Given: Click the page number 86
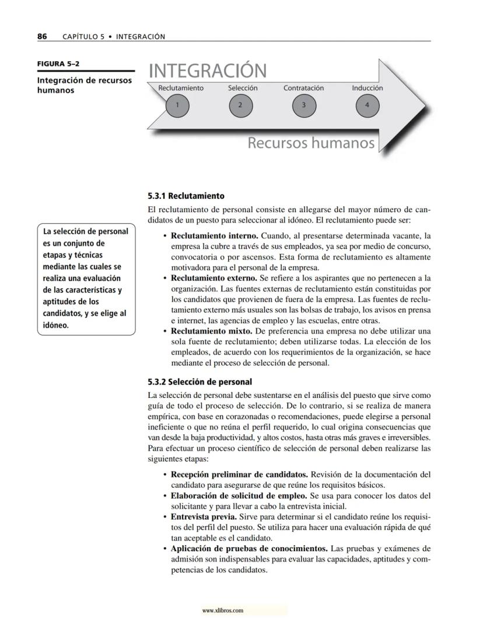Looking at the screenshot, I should click(x=42, y=36).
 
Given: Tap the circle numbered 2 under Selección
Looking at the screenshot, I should click(x=240, y=105).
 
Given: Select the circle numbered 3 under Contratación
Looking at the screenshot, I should click(x=303, y=105).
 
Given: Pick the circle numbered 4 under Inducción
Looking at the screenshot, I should click(x=367, y=105).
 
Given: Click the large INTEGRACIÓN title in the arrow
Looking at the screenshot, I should click(x=208, y=71).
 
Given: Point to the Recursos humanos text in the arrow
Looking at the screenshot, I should click(x=311, y=143).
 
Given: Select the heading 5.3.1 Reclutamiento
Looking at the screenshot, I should click(x=186, y=196).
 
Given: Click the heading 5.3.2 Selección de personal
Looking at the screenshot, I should click(x=200, y=382).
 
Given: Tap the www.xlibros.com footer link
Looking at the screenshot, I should click(x=222, y=611).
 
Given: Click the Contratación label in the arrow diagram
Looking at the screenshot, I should click(x=303, y=88).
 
